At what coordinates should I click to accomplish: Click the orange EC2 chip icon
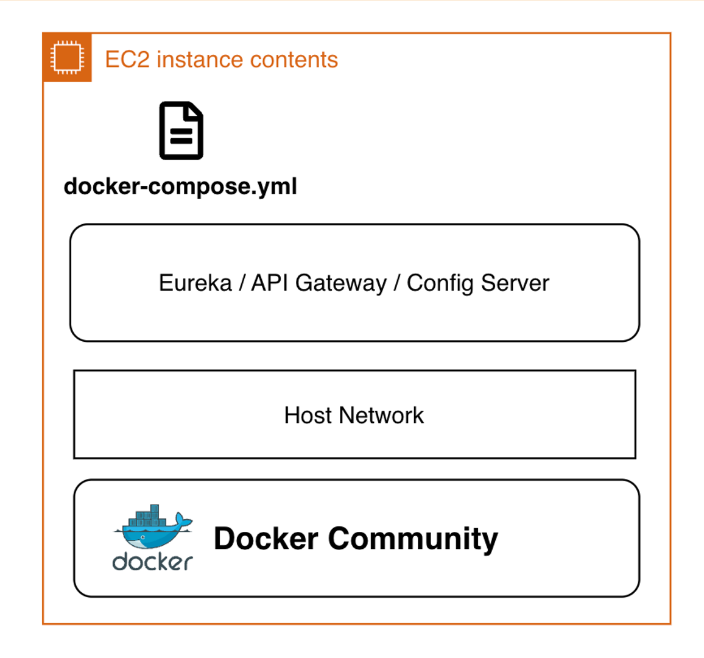[67, 58]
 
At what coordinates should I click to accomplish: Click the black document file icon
[181, 130]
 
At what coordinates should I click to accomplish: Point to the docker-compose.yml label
[180, 186]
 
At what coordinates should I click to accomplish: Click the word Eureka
[195, 283]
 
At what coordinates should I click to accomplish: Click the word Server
[515, 283]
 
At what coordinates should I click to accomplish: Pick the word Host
[308, 416]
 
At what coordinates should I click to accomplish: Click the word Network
[382, 416]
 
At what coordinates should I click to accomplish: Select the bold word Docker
[266, 539]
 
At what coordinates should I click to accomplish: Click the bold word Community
[414, 539]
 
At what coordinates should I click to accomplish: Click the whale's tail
[183, 521]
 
